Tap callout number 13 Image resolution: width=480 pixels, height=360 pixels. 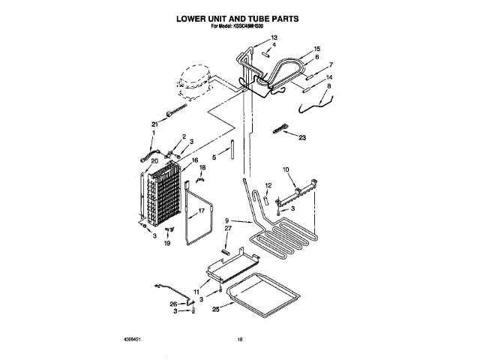click(x=274, y=37)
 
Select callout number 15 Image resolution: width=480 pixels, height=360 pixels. click(x=316, y=49)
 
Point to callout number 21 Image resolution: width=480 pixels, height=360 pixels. click(x=154, y=124)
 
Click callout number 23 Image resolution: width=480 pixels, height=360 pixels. click(x=303, y=137)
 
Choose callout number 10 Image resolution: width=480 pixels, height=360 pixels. click(x=285, y=169)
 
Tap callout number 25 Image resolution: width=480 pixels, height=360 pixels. click(x=215, y=307)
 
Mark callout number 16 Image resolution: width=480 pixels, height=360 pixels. click(x=194, y=160)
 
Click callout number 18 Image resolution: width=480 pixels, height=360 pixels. click(x=202, y=168)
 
